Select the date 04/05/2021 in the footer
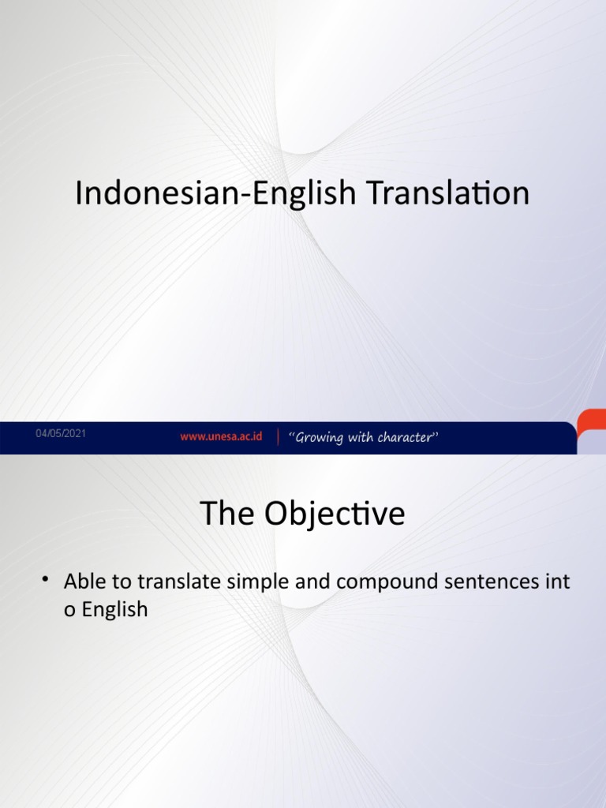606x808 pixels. pos(61,434)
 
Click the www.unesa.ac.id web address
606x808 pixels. pos(221,436)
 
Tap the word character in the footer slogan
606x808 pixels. pos(405,437)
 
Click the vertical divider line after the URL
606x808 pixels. pos(277,437)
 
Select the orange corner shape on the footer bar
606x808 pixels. pos(591,426)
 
